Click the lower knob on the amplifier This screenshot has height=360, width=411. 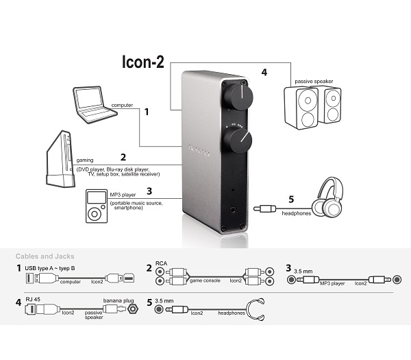coord(240,141)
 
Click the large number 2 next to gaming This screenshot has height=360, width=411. coord(123,156)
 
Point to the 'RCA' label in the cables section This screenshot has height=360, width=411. coord(162,263)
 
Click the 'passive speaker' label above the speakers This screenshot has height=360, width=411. coord(314,81)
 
